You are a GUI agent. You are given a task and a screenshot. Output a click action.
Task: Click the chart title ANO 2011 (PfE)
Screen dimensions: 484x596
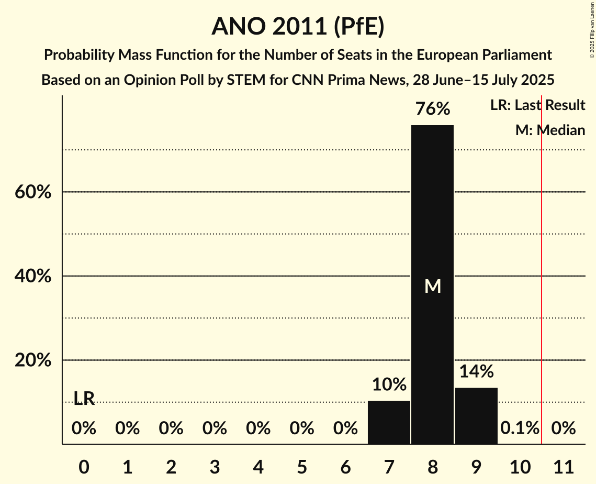[x=298, y=26]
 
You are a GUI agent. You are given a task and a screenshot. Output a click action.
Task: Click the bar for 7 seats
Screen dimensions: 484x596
[x=389, y=422]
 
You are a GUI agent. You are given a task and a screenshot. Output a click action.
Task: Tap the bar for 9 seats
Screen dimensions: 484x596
[x=476, y=415]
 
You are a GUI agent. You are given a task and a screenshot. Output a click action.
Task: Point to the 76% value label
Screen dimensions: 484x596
[x=432, y=109]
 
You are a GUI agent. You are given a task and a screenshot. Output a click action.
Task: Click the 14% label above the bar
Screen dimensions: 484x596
[x=476, y=371]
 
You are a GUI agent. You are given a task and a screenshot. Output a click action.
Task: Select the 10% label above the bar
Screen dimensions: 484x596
[x=389, y=384]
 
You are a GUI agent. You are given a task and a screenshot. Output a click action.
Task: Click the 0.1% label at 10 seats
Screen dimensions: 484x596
[x=519, y=428]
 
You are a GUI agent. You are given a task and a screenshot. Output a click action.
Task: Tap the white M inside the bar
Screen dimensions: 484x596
[x=432, y=286]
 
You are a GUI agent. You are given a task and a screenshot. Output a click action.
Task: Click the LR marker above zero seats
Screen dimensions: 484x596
[x=84, y=399]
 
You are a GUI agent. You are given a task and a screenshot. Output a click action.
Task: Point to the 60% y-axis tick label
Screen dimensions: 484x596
[x=32, y=192]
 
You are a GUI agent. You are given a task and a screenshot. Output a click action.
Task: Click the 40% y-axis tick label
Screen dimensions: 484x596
[x=32, y=276]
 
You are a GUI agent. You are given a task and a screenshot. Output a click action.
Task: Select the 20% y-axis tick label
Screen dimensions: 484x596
[x=32, y=360]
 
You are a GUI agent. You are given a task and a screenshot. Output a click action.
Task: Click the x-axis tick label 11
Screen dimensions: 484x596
[x=564, y=466]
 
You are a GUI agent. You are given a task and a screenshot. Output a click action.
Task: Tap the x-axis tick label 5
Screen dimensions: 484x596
[x=301, y=466]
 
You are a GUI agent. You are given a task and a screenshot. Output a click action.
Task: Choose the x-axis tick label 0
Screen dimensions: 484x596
[x=84, y=466]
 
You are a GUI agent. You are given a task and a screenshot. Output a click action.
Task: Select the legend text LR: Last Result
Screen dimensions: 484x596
[x=537, y=105]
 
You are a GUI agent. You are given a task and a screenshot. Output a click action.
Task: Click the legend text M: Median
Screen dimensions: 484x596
[x=550, y=130]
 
